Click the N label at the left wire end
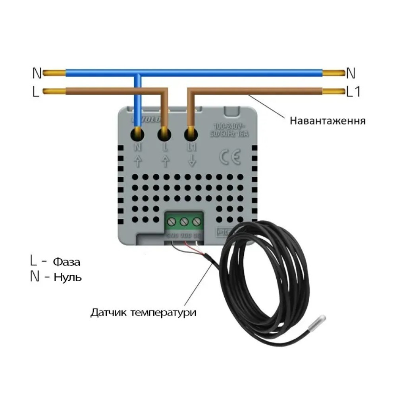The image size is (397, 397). tap(37, 73)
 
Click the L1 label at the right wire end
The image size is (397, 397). tap(353, 92)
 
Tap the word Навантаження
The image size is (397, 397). tap(328, 120)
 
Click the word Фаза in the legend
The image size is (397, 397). tap(67, 262)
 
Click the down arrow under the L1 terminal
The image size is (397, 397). tap(192, 161)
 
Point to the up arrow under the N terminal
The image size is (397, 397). tap(139, 161)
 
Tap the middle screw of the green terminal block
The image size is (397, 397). tap(183, 222)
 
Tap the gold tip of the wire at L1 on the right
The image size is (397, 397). tap(333, 91)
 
